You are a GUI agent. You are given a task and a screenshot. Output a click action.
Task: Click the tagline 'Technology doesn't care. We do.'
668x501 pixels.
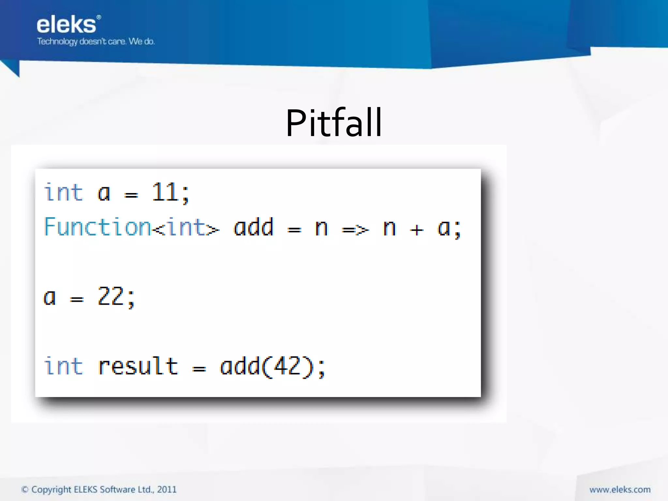(x=96, y=41)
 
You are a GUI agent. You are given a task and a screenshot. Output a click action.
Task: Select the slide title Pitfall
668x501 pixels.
(x=334, y=123)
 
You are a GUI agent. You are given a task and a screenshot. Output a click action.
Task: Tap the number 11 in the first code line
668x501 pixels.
(x=165, y=192)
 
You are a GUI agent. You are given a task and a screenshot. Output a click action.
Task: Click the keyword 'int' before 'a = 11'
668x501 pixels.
(x=64, y=192)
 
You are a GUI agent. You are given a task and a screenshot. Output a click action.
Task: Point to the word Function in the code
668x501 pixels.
(x=97, y=227)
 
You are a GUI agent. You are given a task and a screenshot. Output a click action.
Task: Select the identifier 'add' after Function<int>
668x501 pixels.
(x=253, y=227)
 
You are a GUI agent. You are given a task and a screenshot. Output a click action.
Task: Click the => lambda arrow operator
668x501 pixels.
(x=355, y=230)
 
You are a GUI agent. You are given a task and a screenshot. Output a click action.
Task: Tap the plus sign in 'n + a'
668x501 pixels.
(x=417, y=230)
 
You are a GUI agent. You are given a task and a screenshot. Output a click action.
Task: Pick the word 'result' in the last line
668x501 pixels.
(x=138, y=366)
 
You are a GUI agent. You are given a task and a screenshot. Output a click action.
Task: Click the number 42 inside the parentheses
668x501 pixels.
(x=287, y=366)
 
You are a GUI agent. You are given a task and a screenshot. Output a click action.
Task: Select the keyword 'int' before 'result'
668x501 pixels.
(x=64, y=366)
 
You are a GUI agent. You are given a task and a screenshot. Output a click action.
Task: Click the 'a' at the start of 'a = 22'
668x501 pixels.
(x=50, y=297)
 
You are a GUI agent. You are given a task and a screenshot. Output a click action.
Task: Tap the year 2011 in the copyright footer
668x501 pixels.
(x=167, y=489)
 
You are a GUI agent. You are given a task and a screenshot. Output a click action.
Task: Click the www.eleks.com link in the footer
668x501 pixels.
(x=620, y=489)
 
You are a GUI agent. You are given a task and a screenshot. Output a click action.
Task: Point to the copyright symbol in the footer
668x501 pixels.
(x=25, y=489)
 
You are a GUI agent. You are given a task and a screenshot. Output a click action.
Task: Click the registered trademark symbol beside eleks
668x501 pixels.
(x=99, y=17)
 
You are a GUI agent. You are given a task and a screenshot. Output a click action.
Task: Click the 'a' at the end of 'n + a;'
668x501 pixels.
(x=444, y=228)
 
